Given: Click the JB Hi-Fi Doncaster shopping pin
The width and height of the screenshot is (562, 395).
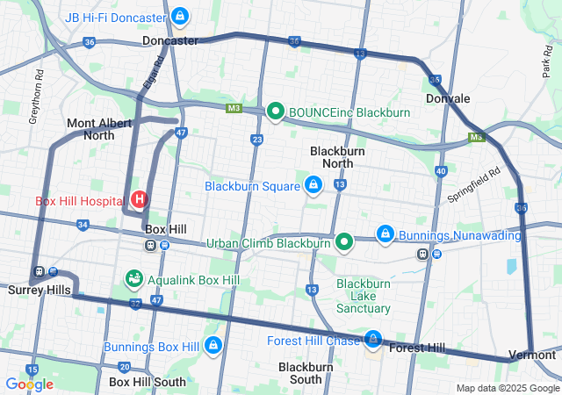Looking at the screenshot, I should (x=180, y=16).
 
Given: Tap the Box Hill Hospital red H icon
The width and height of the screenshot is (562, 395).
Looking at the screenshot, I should (x=138, y=200).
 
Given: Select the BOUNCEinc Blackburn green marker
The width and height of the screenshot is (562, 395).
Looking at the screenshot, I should (x=275, y=111).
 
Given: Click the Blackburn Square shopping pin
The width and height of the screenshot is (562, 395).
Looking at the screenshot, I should (x=313, y=184).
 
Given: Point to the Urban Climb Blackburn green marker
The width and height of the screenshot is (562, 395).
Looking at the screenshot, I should (x=345, y=241).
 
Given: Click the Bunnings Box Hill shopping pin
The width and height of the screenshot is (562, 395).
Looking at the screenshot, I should (x=212, y=345).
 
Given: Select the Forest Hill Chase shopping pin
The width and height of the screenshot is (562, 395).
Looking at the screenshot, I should (x=374, y=339).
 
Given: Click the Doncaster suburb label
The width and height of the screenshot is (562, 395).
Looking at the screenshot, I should (x=169, y=41).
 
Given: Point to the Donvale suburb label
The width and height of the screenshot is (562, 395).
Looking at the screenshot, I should (x=448, y=99).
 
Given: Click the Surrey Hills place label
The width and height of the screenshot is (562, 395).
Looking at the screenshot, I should (x=34, y=289).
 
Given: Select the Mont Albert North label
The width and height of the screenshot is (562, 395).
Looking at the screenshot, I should (x=102, y=129).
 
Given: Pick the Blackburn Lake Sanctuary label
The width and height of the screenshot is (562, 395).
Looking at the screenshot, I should (x=364, y=296).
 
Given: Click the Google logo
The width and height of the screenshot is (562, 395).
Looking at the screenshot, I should (x=29, y=384).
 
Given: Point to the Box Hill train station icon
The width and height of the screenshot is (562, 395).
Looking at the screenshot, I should (x=151, y=245).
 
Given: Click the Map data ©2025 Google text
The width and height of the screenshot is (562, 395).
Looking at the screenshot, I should (x=507, y=388).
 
